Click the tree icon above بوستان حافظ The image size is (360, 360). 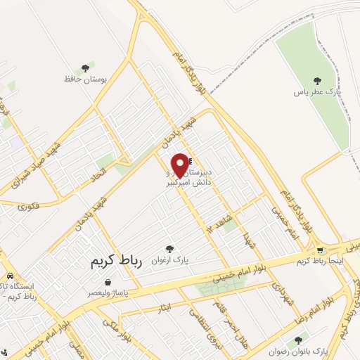[x=85, y=68]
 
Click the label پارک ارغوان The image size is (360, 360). [x=169, y=259]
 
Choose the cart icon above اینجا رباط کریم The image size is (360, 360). [x=321, y=250]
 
